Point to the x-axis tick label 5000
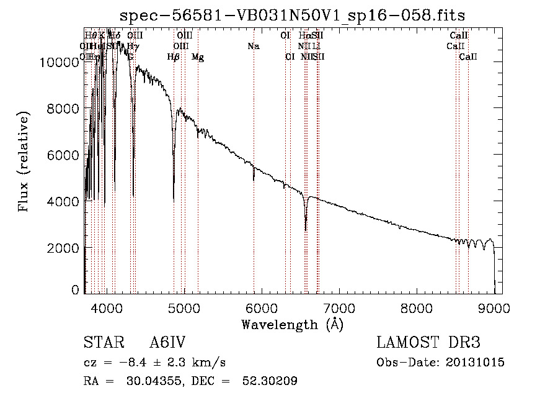tap(184, 307)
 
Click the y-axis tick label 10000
tap(60, 61)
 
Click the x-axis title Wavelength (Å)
tap(293, 324)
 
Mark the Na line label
tap(253, 46)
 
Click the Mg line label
tap(198, 57)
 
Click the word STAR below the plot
tap(101, 343)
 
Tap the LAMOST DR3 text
tap(428, 343)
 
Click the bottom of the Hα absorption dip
tap(306, 229)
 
